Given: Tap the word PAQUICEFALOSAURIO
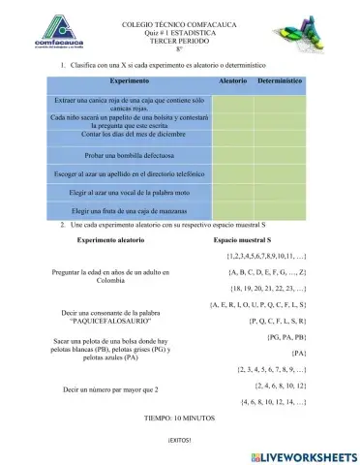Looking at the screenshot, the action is [x=114, y=321].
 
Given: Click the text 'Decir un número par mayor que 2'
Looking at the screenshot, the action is [x=110, y=389].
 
